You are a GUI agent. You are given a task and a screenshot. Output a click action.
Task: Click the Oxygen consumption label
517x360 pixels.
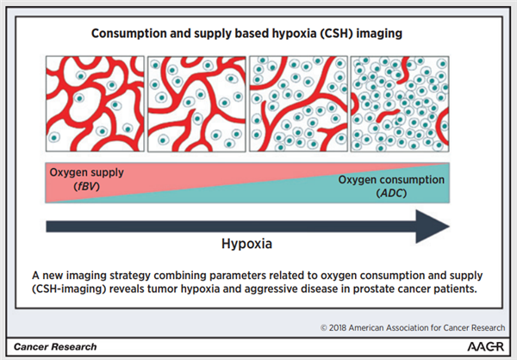pos(390,180)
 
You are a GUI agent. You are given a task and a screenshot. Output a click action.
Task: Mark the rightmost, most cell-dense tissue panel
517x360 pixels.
pos(399,102)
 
